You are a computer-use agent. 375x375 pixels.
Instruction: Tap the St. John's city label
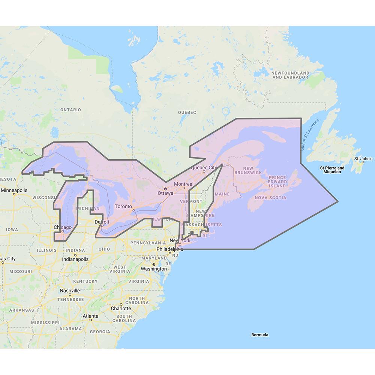point(362,159)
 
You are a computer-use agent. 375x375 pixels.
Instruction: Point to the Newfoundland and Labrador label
point(291,75)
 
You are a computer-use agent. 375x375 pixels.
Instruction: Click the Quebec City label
point(204,167)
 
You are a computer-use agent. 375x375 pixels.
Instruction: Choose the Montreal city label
point(184,184)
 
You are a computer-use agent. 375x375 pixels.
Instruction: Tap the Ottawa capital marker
point(165,189)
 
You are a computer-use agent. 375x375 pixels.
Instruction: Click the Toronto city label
point(123,207)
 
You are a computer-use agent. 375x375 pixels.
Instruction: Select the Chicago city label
point(63,227)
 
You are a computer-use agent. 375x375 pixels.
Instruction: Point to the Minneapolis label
point(14,190)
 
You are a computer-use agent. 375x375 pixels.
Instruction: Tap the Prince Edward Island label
point(278,181)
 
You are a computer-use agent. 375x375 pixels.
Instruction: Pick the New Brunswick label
point(248,170)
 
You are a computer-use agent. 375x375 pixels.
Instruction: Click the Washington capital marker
point(153,264)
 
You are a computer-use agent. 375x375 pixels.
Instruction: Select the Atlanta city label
point(91,316)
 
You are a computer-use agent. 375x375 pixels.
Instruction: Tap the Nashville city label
point(70,291)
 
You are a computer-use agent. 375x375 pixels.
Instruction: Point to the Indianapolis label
point(76,259)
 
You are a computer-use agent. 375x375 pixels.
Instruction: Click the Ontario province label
point(70,110)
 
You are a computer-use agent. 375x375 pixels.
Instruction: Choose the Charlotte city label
point(121,309)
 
